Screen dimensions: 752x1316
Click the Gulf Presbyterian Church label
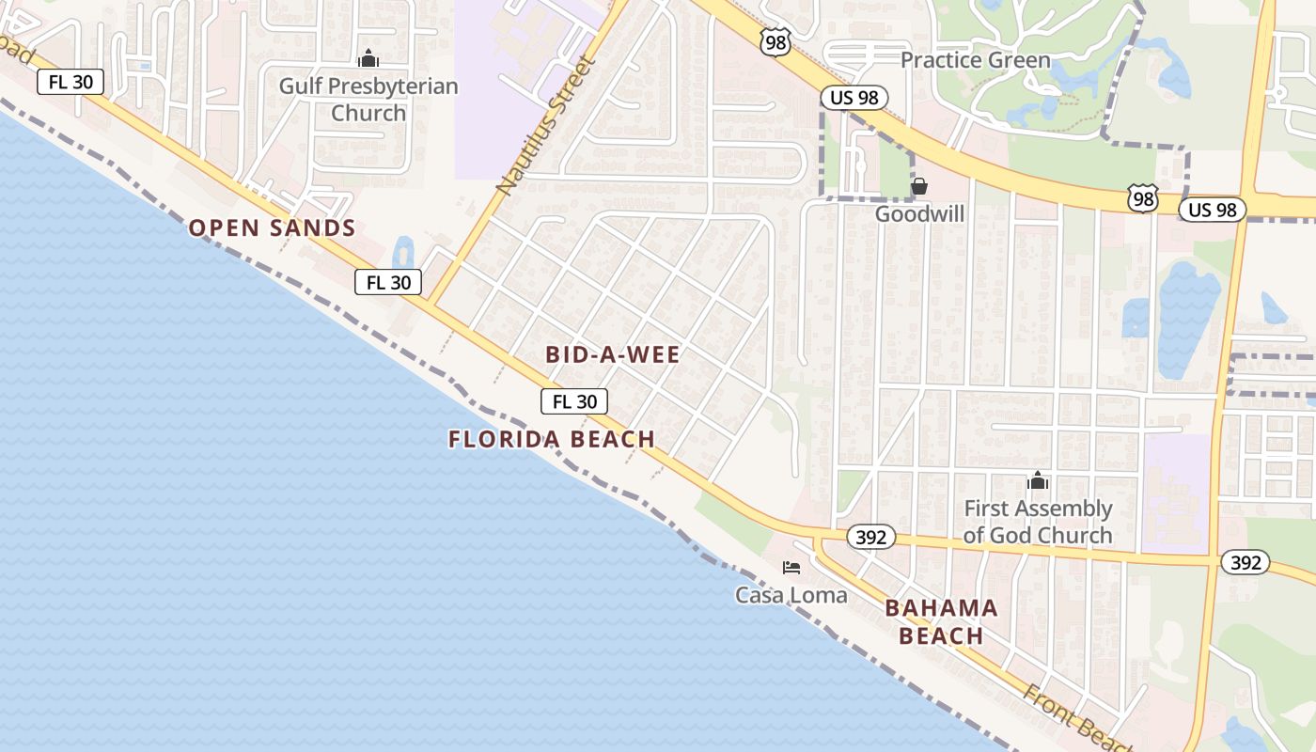click(x=368, y=100)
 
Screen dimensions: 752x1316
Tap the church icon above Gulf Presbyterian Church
click(x=368, y=58)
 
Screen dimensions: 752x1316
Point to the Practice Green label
click(x=975, y=60)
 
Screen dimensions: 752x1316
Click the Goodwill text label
click(x=919, y=213)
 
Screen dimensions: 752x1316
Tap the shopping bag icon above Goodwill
click(x=919, y=186)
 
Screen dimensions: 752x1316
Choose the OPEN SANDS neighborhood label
click(x=273, y=227)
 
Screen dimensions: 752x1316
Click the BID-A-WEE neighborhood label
click(x=613, y=354)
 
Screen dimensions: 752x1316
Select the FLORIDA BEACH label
click(x=552, y=439)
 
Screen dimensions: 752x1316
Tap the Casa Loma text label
click(x=791, y=595)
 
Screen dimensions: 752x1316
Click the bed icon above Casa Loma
click(x=791, y=568)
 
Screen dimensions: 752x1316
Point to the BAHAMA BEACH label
click(x=941, y=621)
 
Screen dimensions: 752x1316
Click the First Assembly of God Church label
click(x=1038, y=522)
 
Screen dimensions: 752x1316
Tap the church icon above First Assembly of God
click(x=1038, y=481)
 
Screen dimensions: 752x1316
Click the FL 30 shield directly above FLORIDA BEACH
click(x=574, y=401)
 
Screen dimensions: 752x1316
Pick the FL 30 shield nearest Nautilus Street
click(x=388, y=282)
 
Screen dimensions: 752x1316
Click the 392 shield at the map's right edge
click(x=1245, y=563)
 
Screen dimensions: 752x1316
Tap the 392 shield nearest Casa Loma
click(x=871, y=538)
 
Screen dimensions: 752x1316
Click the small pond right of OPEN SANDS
click(x=403, y=251)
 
